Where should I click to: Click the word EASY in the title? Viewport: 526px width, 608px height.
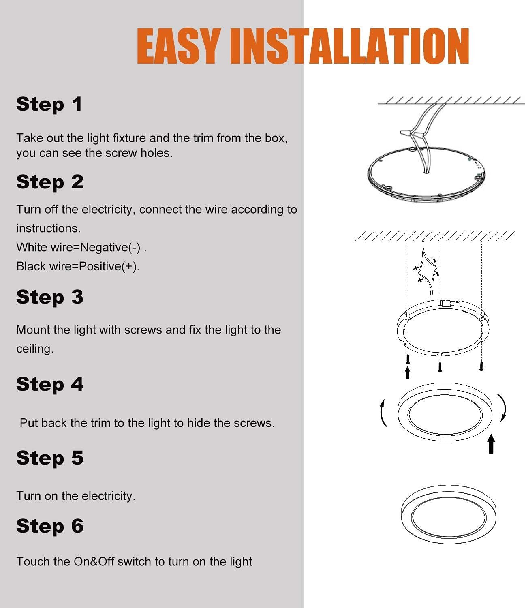coord(178,47)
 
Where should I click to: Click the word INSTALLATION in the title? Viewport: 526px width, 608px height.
coord(349,47)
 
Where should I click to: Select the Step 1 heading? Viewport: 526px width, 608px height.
coord(49,105)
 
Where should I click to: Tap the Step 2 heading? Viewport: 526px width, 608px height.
coord(50,182)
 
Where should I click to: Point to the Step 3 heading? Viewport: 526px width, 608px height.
coord(50,297)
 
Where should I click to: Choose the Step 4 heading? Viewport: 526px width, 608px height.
coord(50,384)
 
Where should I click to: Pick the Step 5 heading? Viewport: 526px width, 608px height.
coord(50,458)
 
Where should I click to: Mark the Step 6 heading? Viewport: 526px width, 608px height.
coord(50,526)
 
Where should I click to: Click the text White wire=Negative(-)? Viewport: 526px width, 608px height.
coord(81,247)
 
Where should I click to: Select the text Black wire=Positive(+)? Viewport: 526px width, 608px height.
coord(78,266)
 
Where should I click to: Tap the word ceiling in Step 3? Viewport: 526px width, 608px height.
coord(35,349)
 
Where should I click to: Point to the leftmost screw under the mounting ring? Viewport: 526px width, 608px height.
coord(408,358)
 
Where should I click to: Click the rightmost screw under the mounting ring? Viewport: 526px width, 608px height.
coord(481,364)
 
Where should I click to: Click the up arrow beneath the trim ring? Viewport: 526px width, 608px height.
coord(491,444)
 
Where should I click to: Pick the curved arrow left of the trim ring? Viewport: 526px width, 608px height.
coord(383,413)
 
